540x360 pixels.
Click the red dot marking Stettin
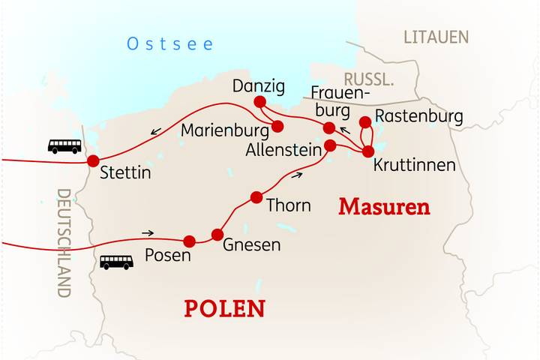coord(93,160)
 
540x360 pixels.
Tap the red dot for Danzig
coord(260,102)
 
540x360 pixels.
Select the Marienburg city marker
coord(277,125)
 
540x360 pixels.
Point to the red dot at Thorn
coord(256,197)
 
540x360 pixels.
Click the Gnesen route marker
coord(217,235)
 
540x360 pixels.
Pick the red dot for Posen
coord(190,241)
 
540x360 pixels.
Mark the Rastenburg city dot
coord(365,121)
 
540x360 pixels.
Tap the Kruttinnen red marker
coord(368,151)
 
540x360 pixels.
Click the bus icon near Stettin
coord(64,146)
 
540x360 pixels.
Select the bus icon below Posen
coord(116,262)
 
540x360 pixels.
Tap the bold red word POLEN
coord(225,308)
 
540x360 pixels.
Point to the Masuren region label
coord(384,207)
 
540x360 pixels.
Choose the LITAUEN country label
coord(436,37)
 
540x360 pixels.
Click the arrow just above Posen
coord(148,232)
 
